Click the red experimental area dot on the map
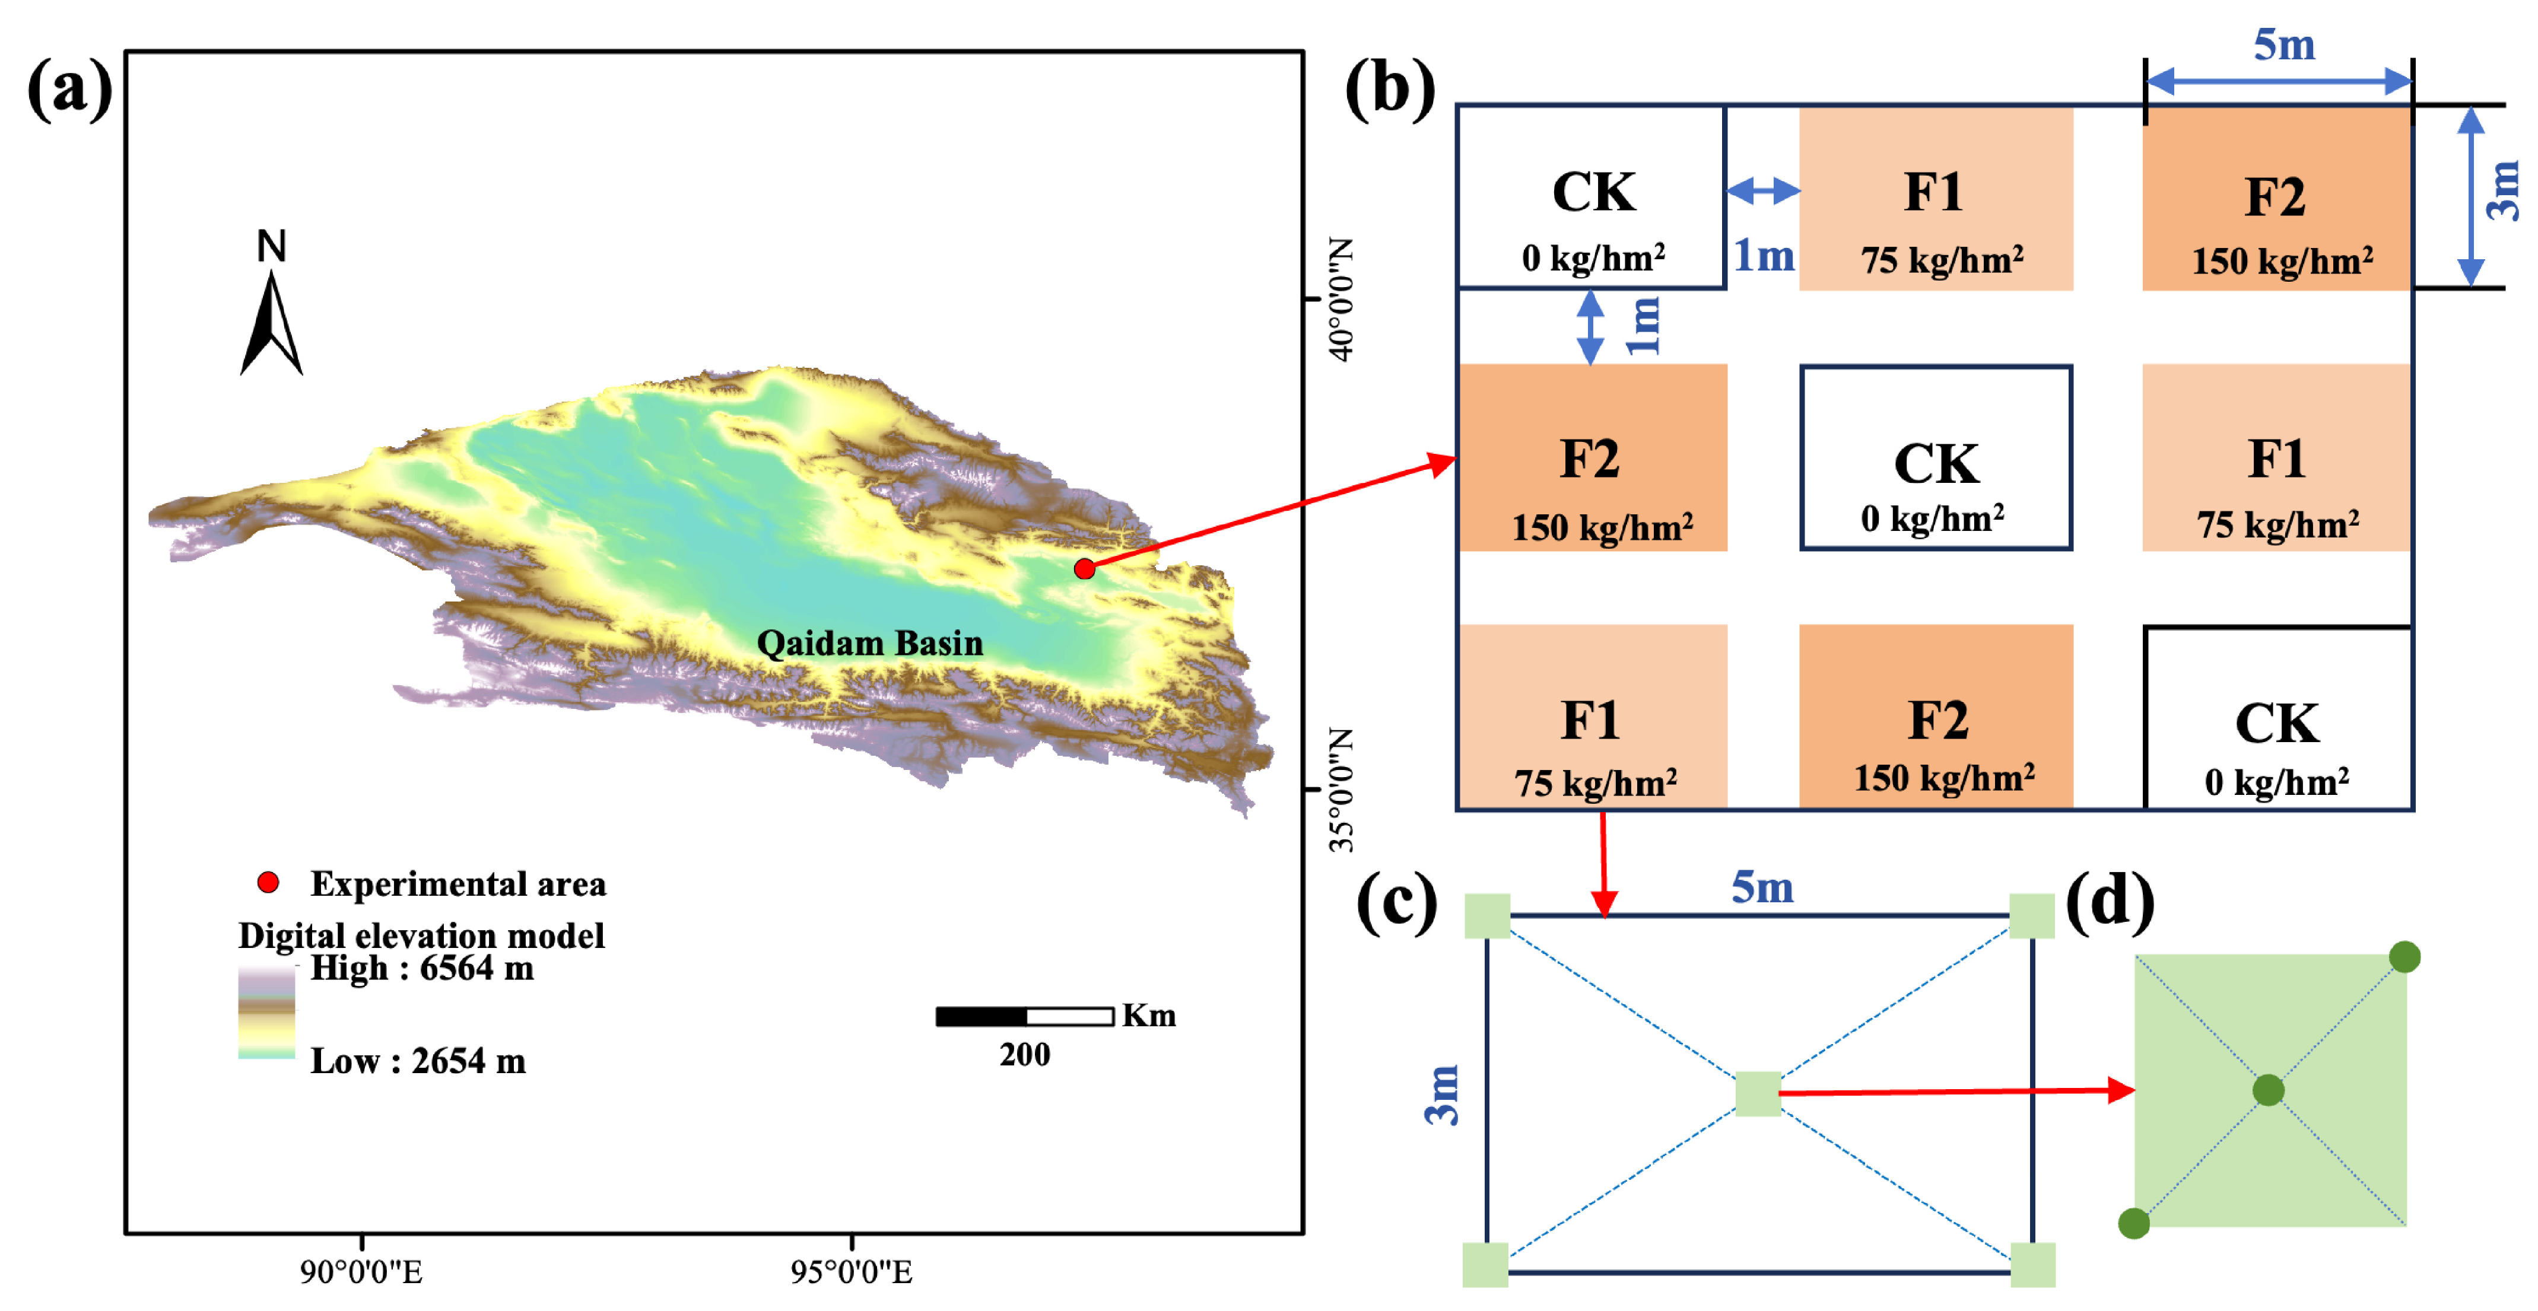click(1084, 568)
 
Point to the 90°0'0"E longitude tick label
click(361, 1272)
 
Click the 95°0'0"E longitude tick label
click(852, 1272)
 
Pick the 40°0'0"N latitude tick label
click(1341, 298)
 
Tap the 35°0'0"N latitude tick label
click(1341, 789)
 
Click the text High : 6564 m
click(422, 968)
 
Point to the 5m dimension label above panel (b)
click(2284, 45)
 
